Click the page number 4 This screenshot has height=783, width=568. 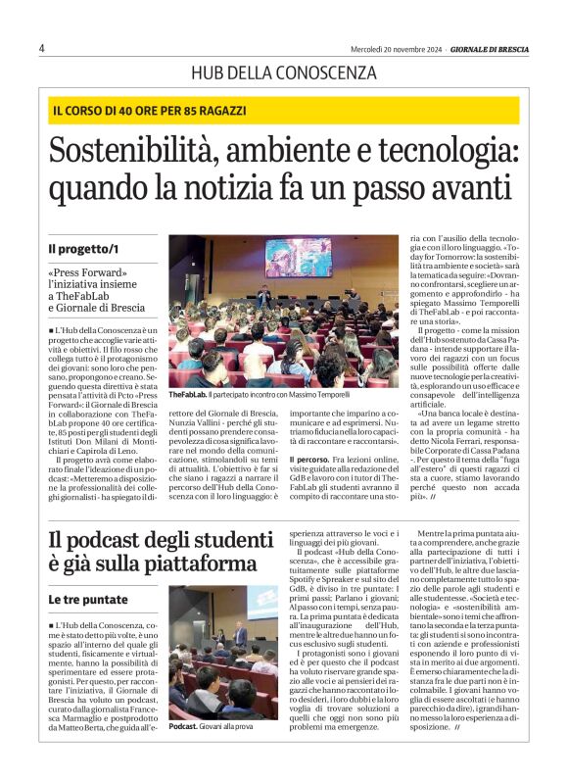(x=42, y=48)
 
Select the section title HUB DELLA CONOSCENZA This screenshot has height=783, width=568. (x=284, y=73)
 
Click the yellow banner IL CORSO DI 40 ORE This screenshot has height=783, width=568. (x=150, y=111)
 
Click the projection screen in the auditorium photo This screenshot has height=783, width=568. (x=298, y=258)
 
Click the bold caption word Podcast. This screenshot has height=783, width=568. (x=183, y=726)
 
